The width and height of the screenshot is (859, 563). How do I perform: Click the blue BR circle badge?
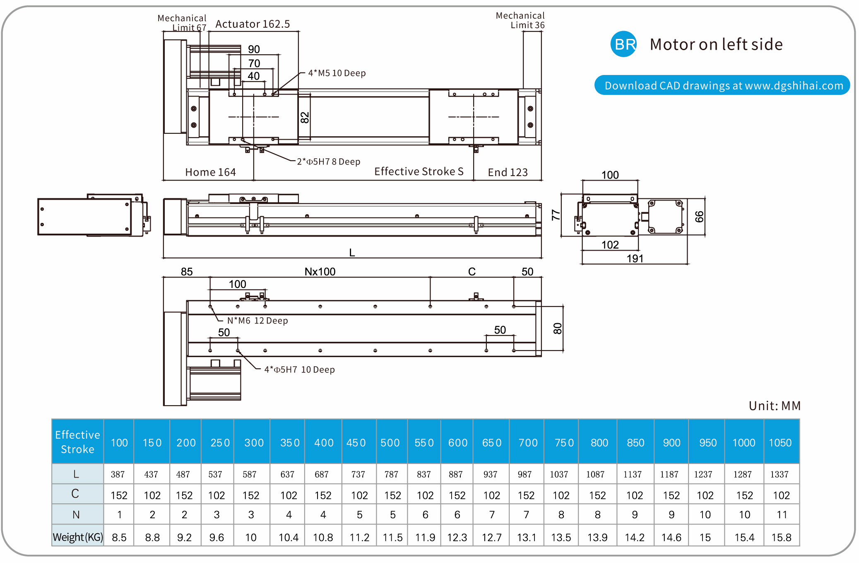click(x=623, y=44)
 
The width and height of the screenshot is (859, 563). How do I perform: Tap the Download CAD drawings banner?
click(x=722, y=85)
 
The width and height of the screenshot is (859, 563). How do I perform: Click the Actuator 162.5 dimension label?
click(x=253, y=24)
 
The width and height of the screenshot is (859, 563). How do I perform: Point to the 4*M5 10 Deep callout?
click(x=337, y=73)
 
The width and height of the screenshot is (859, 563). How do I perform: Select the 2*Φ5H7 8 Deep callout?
click(x=328, y=162)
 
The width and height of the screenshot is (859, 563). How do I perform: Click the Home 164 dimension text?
click(x=210, y=172)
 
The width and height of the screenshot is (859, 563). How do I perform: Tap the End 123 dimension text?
click(x=508, y=172)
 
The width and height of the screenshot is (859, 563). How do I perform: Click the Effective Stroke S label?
click(x=419, y=172)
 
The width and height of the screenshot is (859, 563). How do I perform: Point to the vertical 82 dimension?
click(x=305, y=118)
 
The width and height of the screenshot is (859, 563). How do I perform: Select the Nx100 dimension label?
click(x=320, y=272)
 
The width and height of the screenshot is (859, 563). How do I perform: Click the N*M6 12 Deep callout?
click(x=257, y=321)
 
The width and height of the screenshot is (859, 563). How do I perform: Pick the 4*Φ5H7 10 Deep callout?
click(x=299, y=370)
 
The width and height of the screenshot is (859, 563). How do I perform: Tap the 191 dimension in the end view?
click(x=635, y=259)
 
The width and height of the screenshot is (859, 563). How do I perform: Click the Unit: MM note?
click(x=775, y=406)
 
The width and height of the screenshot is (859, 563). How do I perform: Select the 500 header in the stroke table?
click(x=390, y=442)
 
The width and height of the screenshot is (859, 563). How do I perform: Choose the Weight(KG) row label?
click(x=77, y=537)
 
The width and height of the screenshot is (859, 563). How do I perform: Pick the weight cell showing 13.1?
click(x=526, y=537)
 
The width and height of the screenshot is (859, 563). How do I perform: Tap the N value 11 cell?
click(x=782, y=515)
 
